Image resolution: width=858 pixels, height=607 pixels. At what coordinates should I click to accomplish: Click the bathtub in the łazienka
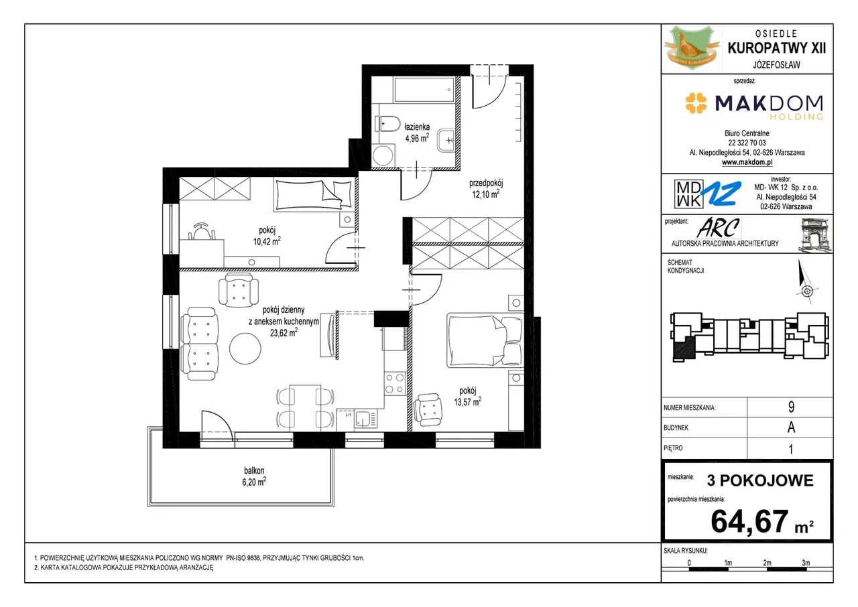(x=424, y=90)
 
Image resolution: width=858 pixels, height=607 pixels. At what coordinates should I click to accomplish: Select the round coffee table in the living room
(x=245, y=348)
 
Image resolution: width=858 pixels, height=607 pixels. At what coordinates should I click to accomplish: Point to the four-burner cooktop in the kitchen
(x=395, y=383)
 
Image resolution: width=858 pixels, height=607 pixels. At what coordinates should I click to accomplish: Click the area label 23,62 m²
(x=284, y=332)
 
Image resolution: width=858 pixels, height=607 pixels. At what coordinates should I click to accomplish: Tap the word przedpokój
(x=486, y=184)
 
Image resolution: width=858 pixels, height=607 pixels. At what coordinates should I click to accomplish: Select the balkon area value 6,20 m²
(x=254, y=482)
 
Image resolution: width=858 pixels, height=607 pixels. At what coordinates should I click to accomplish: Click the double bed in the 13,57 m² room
(x=485, y=341)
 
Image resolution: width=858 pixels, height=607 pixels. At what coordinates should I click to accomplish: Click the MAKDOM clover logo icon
(x=696, y=103)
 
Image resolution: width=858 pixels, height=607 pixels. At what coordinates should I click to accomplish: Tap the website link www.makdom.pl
(x=747, y=162)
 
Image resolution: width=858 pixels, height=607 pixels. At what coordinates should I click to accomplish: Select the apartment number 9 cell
(x=791, y=407)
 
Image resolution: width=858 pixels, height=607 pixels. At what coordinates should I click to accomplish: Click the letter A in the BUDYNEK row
(x=791, y=427)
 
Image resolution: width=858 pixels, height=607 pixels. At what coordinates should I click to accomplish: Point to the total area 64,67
(x=749, y=521)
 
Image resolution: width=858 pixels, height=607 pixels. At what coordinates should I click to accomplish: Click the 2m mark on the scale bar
(x=767, y=563)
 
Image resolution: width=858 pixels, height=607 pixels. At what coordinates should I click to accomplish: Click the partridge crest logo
(x=692, y=48)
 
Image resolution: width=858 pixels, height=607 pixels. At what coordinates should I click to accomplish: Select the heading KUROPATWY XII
(x=777, y=48)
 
